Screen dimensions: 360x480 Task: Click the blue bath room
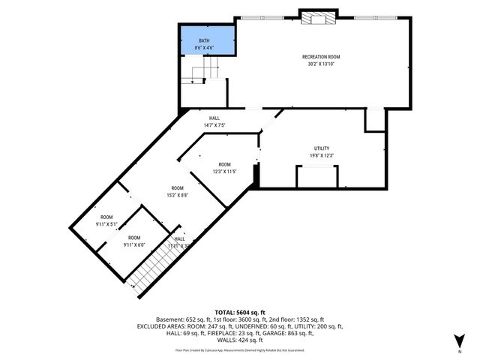pyautogui.click(x=206, y=42)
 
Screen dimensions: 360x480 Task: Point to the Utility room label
pyautogui.click(x=322, y=148)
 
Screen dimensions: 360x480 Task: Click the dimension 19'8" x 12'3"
pyautogui.click(x=322, y=155)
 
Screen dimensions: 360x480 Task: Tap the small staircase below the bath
pyautogui.click(x=202, y=73)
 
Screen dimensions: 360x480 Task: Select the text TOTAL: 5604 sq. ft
pyautogui.click(x=240, y=311)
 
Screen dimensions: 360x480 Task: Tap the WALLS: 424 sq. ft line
pyautogui.click(x=240, y=341)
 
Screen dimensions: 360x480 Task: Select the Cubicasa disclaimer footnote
pyautogui.click(x=240, y=349)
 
